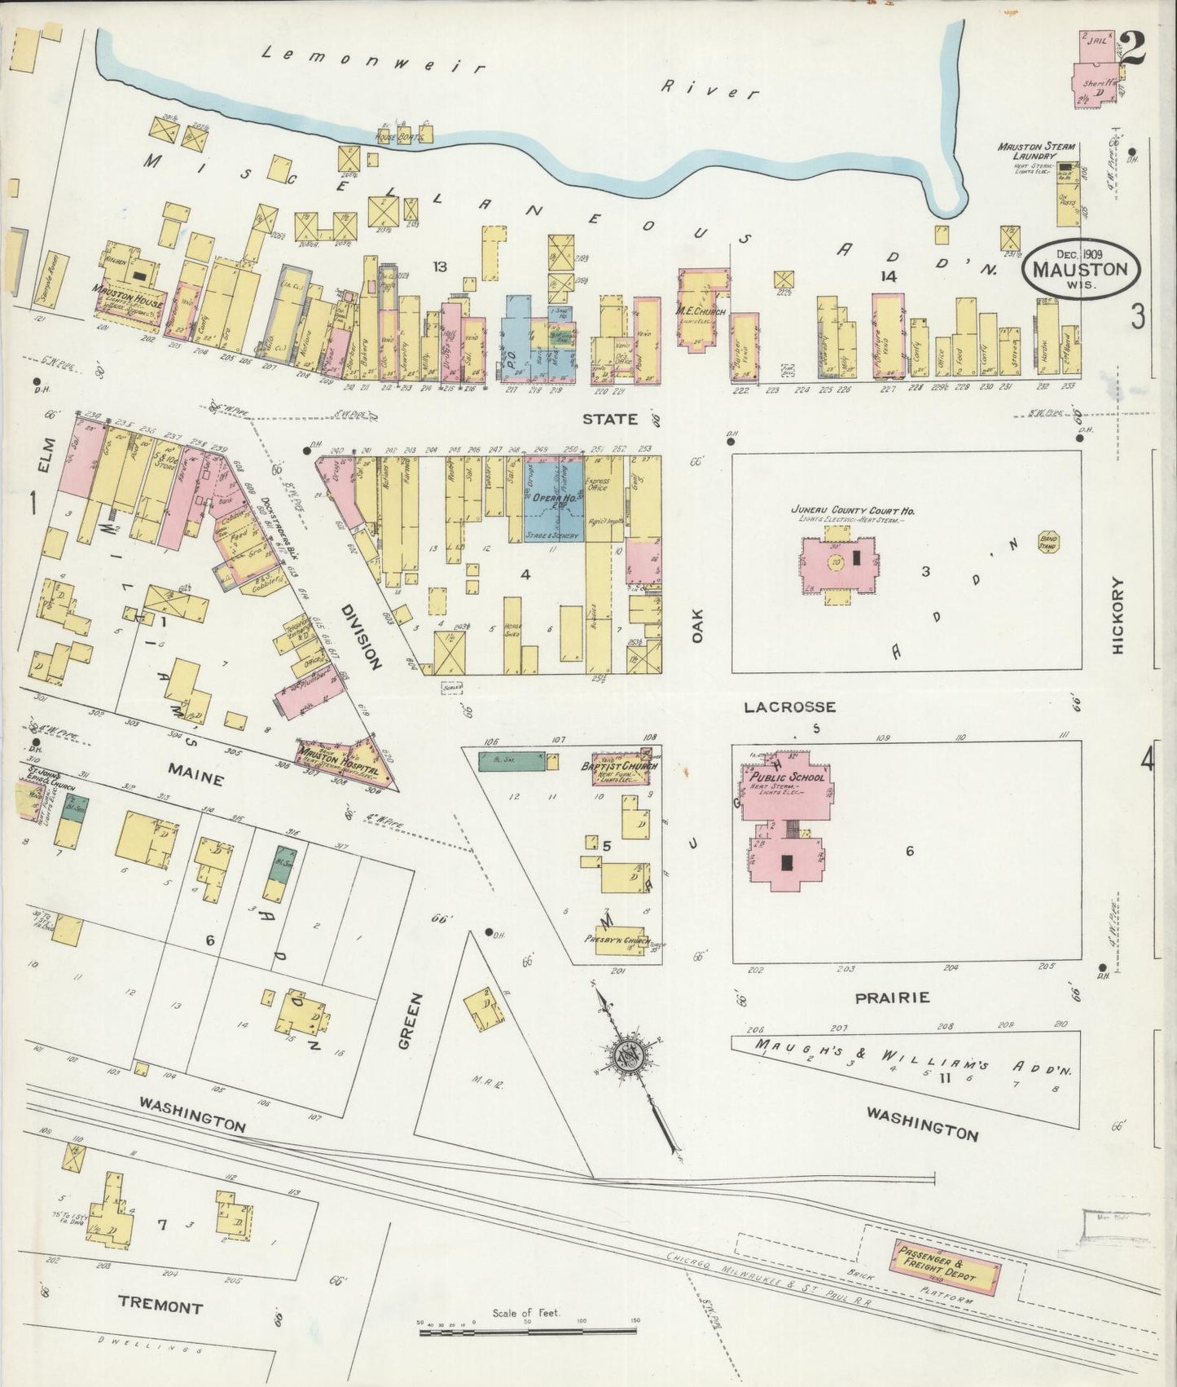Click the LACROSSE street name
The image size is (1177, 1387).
[x=789, y=707]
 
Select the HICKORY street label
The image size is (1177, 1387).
[x=1117, y=615]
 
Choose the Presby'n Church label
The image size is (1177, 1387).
[x=615, y=940]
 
